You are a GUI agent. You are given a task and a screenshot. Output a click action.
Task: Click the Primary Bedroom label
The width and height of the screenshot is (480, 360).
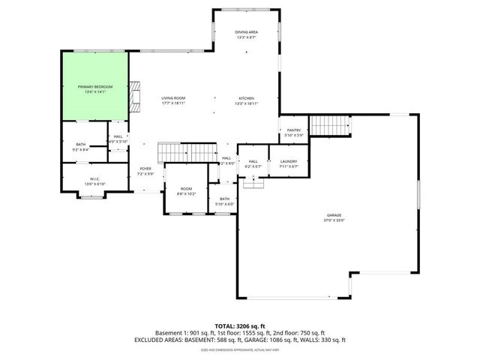click(x=95, y=87)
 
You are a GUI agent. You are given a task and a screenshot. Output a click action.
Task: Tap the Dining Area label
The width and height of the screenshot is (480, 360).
click(x=246, y=32)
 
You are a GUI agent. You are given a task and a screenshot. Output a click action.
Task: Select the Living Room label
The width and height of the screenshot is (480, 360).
click(x=173, y=98)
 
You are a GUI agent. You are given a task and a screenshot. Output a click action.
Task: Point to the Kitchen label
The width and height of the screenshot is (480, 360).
click(x=246, y=98)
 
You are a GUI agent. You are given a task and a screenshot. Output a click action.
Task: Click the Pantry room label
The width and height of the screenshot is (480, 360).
click(x=293, y=130)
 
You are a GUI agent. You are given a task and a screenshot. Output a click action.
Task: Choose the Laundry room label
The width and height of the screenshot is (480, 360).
click(x=289, y=161)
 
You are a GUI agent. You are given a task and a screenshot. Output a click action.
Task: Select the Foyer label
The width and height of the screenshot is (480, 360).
click(x=145, y=169)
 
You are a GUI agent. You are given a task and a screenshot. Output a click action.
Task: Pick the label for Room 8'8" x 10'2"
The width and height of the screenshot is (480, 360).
click(x=185, y=189)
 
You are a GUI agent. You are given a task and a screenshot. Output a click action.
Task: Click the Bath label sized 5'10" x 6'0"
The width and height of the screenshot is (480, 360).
click(x=224, y=199)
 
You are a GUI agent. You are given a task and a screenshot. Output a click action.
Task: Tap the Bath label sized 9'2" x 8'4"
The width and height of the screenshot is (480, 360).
click(x=80, y=145)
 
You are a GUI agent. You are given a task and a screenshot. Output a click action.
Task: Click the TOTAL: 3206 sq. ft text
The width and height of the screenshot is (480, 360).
click(x=240, y=326)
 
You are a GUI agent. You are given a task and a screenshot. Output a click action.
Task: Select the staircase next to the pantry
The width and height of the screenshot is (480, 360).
click(x=330, y=126)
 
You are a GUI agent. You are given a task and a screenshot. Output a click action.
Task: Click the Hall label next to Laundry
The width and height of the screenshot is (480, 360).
click(x=253, y=161)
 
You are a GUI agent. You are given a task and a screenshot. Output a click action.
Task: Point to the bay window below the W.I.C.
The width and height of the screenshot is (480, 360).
click(x=91, y=196)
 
